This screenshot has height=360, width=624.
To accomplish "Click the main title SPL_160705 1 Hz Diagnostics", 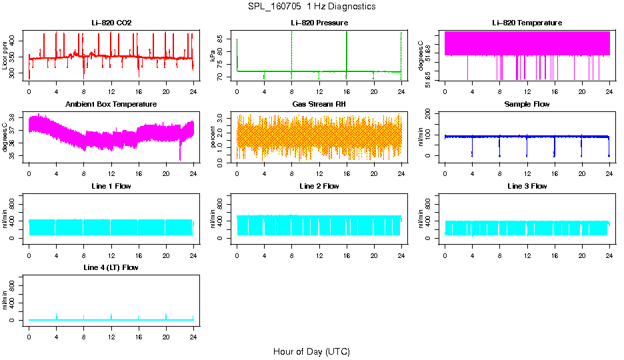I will [311, 7].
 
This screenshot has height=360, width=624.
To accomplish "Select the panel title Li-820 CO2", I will [111, 23].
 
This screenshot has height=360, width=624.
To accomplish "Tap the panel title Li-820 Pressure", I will [319, 23].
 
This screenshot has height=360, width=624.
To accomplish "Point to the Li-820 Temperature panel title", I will [527, 23].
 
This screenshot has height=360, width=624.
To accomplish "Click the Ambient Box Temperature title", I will [111, 104].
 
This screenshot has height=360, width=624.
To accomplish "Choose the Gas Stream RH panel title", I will [319, 104].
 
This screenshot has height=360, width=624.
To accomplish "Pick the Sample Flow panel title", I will [527, 104].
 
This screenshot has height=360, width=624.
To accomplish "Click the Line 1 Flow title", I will [111, 186].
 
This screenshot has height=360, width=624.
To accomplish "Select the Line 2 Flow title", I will [319, 186].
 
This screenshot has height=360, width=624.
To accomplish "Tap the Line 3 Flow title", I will [527, 186].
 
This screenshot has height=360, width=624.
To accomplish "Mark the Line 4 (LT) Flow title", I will [111, 267].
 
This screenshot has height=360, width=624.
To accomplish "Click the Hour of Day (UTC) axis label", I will [311, 351].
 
